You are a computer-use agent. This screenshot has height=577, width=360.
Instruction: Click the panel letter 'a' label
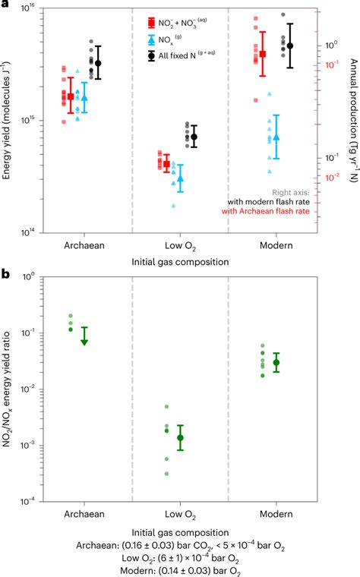6,6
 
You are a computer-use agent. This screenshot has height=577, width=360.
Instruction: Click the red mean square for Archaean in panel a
71,96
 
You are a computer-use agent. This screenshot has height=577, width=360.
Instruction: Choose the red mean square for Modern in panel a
263,54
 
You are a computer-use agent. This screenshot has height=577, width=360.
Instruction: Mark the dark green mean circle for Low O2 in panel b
181,438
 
